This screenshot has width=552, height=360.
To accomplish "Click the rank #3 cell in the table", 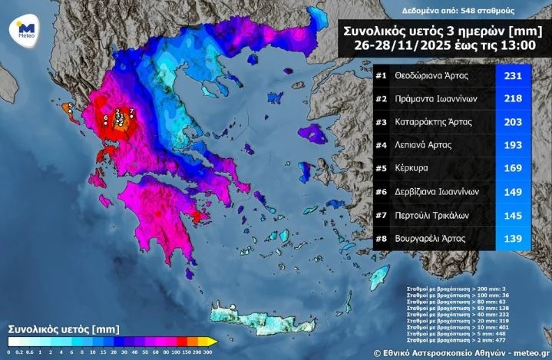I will tap(382, 121).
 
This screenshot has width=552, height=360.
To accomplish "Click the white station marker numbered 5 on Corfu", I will tap(70, 112).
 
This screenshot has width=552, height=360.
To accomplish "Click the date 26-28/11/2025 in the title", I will tap(401, 46).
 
